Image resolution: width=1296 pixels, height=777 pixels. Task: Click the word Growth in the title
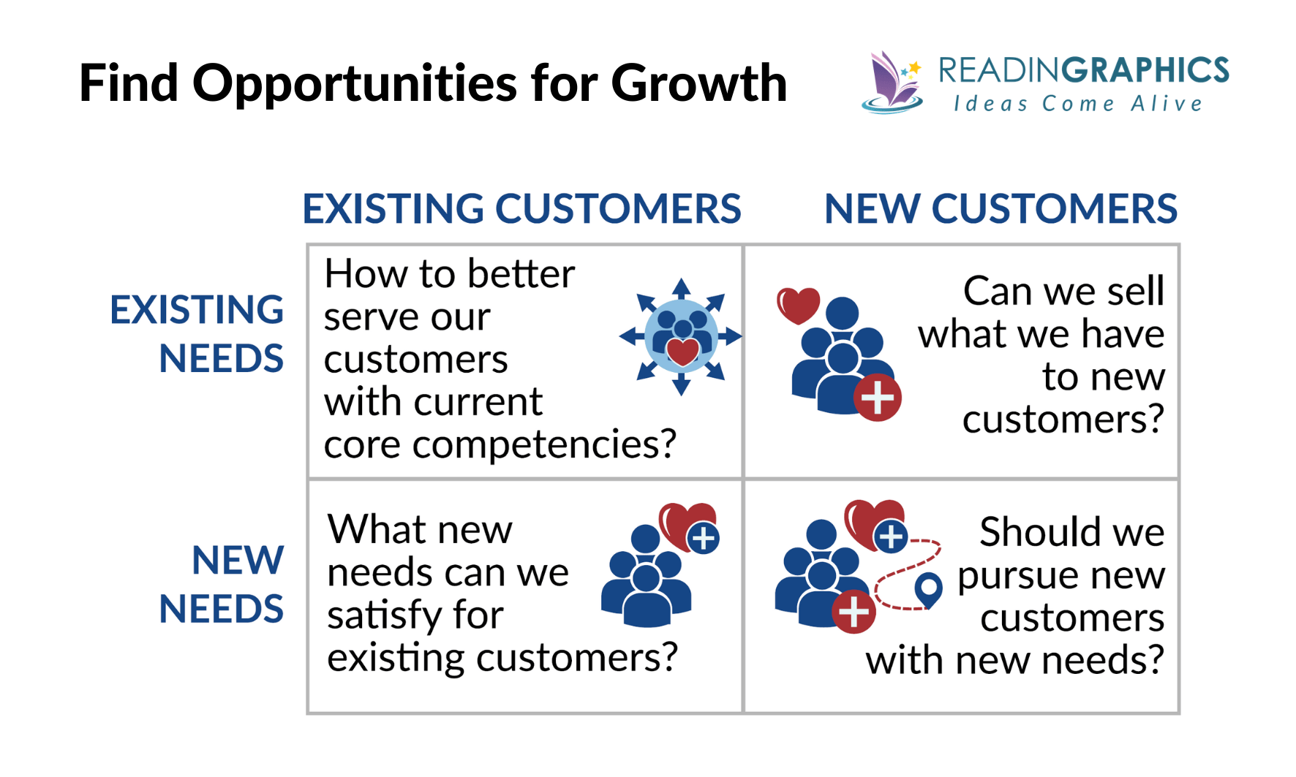coord(698,83)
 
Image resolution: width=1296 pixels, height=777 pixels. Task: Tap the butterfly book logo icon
coord(891,83)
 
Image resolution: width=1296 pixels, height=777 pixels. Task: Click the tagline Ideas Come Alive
coord(1078,104)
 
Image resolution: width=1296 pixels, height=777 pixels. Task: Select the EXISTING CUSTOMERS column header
coord(521,209)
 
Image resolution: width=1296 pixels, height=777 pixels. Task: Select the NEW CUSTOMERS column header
coord(1000,209)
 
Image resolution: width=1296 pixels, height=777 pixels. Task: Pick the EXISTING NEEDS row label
coord(197,334)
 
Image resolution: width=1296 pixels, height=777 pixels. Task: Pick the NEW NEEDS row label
coord(222,585)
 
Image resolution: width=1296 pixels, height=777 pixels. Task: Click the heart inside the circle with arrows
coord(682,352)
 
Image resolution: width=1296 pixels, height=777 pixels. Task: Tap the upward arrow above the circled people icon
coord(681,287)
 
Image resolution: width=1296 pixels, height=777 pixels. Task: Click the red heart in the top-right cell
coord(798,305)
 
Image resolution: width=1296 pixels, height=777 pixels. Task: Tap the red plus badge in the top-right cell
coord(878,398)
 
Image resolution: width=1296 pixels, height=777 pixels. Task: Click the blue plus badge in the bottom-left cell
coord(704,539)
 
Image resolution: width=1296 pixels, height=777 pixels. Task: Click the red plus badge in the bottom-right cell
coord(854,611)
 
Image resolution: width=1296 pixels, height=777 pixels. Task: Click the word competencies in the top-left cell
coord(544,444)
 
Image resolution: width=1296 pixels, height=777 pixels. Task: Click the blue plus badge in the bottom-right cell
coord(891,537)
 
